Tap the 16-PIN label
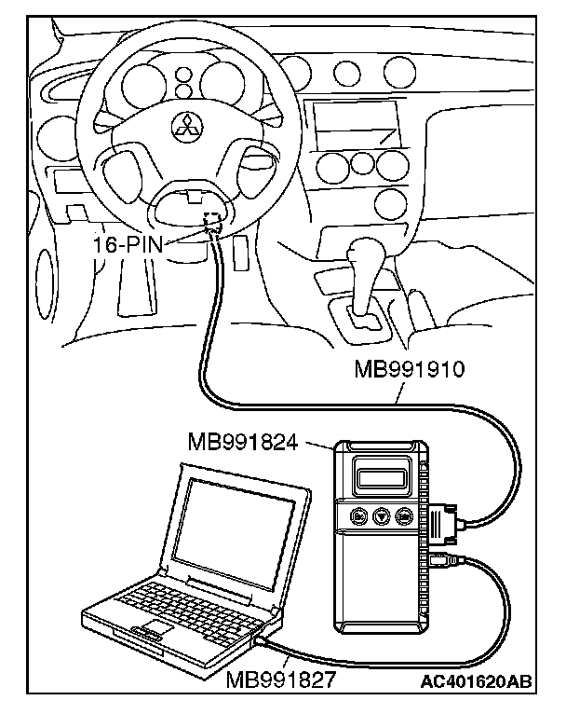tap(128, 244)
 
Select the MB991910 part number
tap(410, 369)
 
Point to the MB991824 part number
tap(242, 442)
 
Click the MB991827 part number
tap(280, 680)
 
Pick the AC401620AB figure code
tap(476, 681)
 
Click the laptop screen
tap(234, 528)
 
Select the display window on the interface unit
tap(381, 479)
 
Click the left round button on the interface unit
tap(358, 515)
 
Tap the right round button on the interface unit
tap(403, 515)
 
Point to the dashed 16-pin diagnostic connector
tap(212, 220)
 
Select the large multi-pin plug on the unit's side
tap(442, 524)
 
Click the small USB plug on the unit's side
tap(440, 559)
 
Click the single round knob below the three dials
tap(391, 202)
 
